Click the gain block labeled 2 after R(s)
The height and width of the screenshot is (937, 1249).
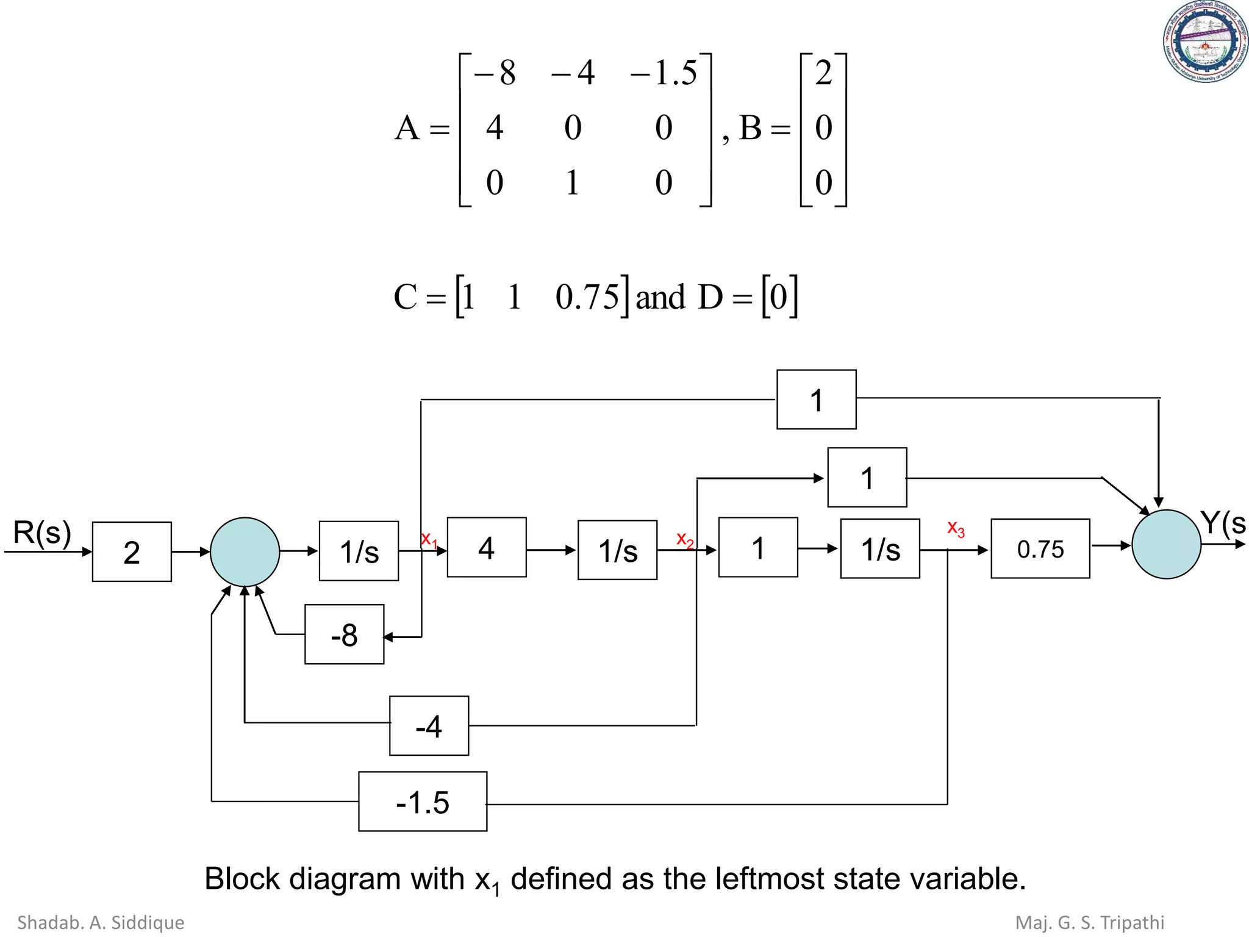point(132,551)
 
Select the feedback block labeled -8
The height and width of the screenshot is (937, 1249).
point(344,634)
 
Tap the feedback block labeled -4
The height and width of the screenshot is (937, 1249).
point(429,726)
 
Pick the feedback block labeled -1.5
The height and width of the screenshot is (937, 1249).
point(422,802)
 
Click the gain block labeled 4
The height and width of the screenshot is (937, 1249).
point(486,547)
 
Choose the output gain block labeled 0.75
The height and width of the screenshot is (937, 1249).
point(1040,548)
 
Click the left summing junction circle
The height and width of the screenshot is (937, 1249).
point(245,551)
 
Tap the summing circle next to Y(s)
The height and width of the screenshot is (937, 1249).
point(1165,544)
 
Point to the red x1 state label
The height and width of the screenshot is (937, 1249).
point(429,539)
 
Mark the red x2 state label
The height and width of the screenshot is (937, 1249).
point(684,539)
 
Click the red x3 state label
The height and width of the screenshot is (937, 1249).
point(955,528)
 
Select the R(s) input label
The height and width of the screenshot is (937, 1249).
point(42,533)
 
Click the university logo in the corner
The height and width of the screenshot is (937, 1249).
point(1204,41)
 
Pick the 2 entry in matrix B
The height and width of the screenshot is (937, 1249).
point(823,73)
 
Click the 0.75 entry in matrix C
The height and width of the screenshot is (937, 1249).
point(587,297)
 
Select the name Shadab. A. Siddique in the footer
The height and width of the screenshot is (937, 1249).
point(101,922)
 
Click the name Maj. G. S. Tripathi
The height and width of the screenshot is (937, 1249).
point(1089,922)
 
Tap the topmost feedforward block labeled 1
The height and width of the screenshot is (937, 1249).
point(816,400)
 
